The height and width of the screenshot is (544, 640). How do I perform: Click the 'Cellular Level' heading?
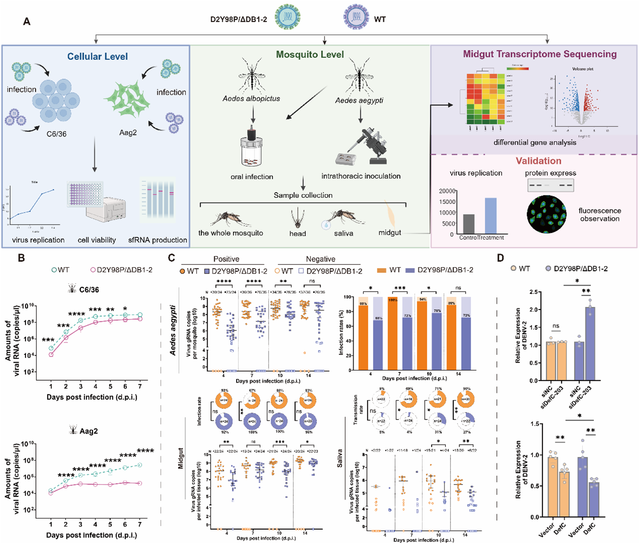coord(97,56)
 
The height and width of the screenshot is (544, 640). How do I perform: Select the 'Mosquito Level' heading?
coord(310,55)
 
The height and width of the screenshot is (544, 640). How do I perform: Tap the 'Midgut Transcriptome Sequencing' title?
coord(540,54)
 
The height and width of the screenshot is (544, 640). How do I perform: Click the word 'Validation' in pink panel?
coord(538,161)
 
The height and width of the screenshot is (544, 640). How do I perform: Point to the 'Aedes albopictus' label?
coord(251,99)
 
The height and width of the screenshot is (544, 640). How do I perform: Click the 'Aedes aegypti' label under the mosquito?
coord(359,100)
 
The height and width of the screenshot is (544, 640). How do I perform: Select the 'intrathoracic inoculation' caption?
coord(361,176)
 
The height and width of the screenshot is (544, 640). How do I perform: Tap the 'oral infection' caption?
coord(252,177)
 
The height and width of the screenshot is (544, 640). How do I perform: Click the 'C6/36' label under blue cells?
coord(56,134)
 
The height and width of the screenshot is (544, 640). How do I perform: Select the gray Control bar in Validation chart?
coord(469,224)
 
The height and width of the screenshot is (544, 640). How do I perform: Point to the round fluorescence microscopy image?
coord(547,214)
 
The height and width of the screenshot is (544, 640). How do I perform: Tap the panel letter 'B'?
coord(21,258)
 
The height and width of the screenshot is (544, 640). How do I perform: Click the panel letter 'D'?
coord(501,258)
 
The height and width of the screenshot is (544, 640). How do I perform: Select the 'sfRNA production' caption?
coord(158,240)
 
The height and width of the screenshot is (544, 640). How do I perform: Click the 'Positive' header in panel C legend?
coord(226,259)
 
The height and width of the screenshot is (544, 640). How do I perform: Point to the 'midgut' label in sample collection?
coord(389,233)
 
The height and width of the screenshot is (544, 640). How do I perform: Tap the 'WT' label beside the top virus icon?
coord(380,19)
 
